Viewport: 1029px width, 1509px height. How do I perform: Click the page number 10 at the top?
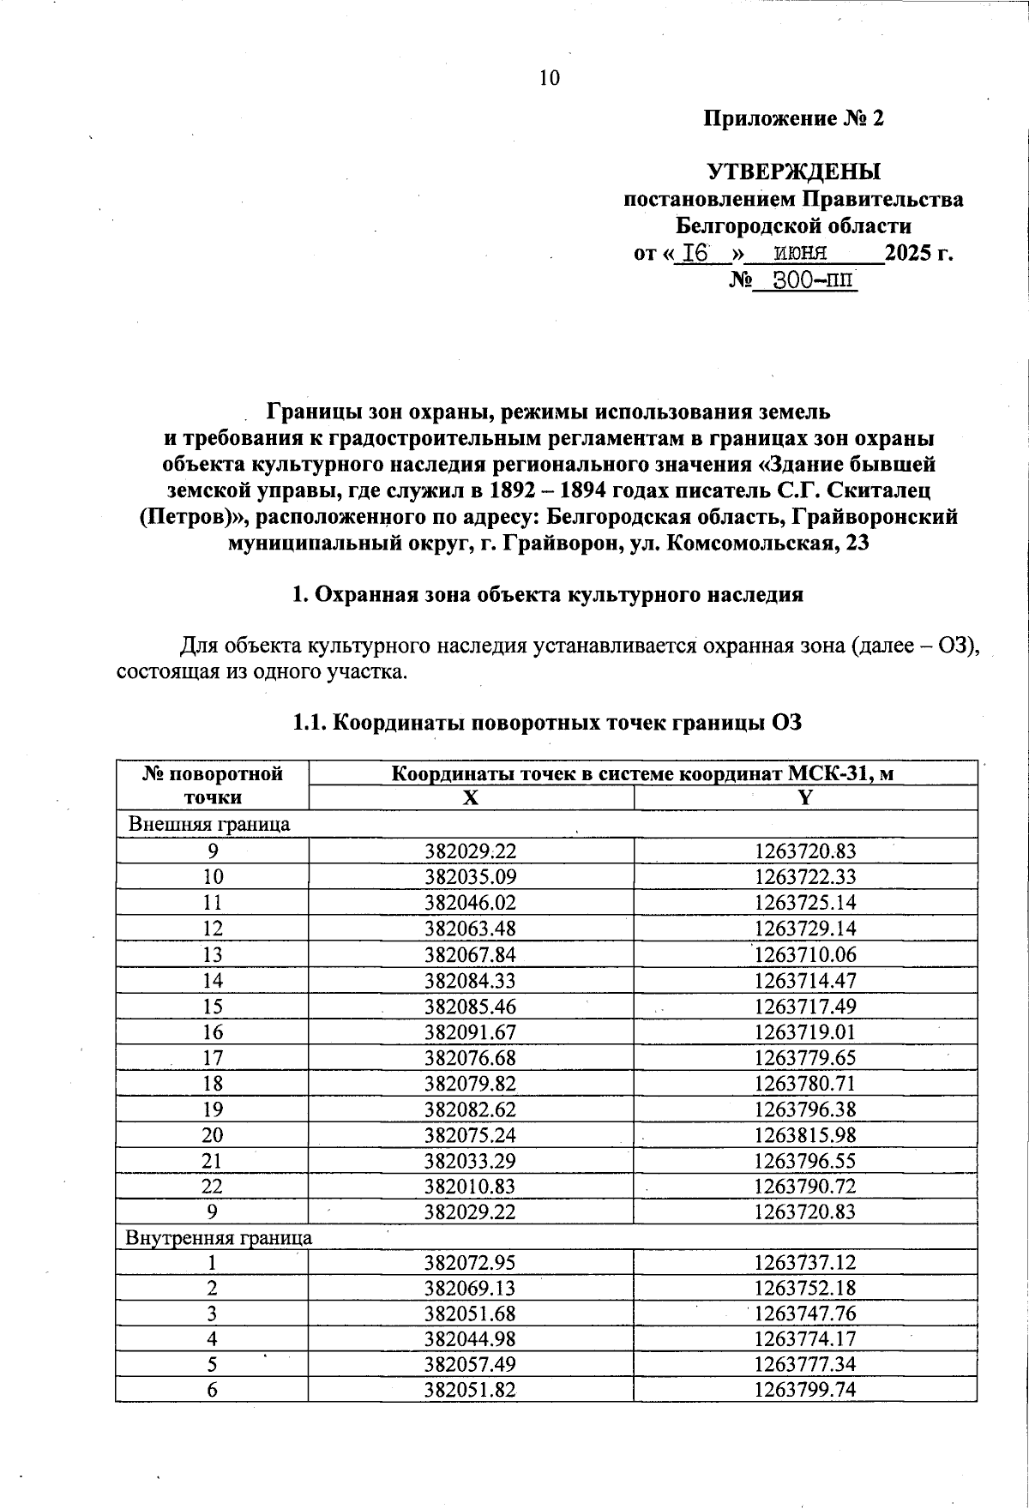click(x=550, y=79)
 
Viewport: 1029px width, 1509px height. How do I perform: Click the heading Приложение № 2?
click(x=793, y=118)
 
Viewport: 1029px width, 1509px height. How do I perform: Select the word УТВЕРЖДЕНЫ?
click(x=793, y=172)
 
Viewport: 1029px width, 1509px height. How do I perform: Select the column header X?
click(x=471, y=797)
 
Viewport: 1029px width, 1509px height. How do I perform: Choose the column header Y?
click(x=804, y=797)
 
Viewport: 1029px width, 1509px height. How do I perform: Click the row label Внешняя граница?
click(x=208, y=824)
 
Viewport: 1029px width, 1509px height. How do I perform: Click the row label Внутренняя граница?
click(x=219, y=1237)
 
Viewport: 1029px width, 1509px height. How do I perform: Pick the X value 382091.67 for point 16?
click(x=471, y=1031)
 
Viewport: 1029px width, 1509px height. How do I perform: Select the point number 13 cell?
click(x=212, y=954)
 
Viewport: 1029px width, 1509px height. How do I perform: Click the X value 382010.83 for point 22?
click(x=471, y=1186)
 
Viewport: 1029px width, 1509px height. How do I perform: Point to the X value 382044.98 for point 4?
click(x=471, y=1338)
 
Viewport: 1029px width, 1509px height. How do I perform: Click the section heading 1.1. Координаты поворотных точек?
click(x=547, y=723)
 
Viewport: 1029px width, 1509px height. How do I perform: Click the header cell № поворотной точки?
click(x=212, y=785)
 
